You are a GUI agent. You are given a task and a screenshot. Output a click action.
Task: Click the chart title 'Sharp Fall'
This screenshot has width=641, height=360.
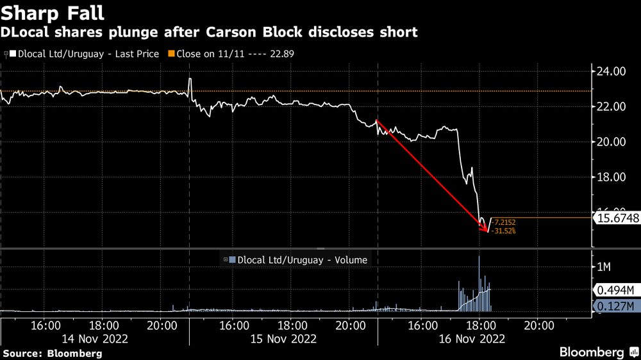point(53,12)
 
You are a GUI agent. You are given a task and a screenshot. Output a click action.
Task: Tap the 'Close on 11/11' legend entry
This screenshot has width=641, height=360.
point(244,54)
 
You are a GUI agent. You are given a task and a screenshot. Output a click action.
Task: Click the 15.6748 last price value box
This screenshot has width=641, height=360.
point(617,218)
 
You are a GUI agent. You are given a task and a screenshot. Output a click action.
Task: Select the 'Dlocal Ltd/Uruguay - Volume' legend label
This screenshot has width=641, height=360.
point(302,260)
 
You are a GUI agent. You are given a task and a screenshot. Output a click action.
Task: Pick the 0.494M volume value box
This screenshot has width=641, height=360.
point(616,290)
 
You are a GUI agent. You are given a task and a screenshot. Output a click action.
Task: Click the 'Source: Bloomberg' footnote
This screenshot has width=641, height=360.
point(52,353)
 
